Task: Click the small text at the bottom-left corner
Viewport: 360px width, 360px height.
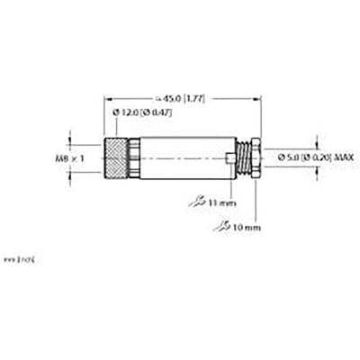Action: [x=18, y=259]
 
